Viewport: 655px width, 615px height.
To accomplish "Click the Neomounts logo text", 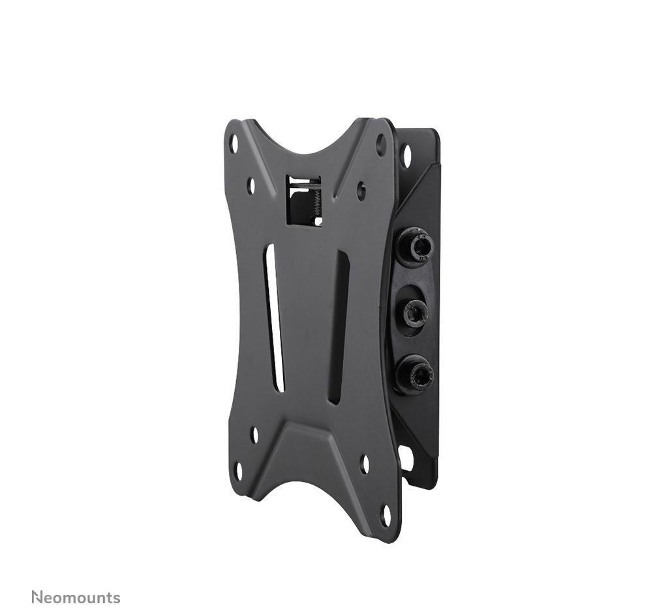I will [x=76, y=597].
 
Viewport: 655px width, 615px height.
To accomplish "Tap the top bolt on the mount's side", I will [x=415, y=247].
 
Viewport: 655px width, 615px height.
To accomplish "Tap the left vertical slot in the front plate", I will [x=274, y=318].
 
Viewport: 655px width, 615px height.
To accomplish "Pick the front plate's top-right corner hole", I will [x=381, y=145].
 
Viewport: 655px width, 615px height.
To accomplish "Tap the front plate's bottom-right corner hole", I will [x=385, y=515].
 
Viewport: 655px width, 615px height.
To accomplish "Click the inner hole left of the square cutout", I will [x=251, y=186].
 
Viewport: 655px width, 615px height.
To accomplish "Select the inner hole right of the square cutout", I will [x=361, y=190].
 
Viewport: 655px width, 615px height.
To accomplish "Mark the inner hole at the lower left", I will [x=254, y=434].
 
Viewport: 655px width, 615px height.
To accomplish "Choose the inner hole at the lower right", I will [x=365, y=464].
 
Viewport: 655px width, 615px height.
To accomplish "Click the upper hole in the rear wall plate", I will [x=406, y=155].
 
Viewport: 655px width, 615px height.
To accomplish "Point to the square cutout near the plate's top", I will [x=304, y=200].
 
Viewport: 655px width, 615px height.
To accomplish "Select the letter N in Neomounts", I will [x=37, y=597].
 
